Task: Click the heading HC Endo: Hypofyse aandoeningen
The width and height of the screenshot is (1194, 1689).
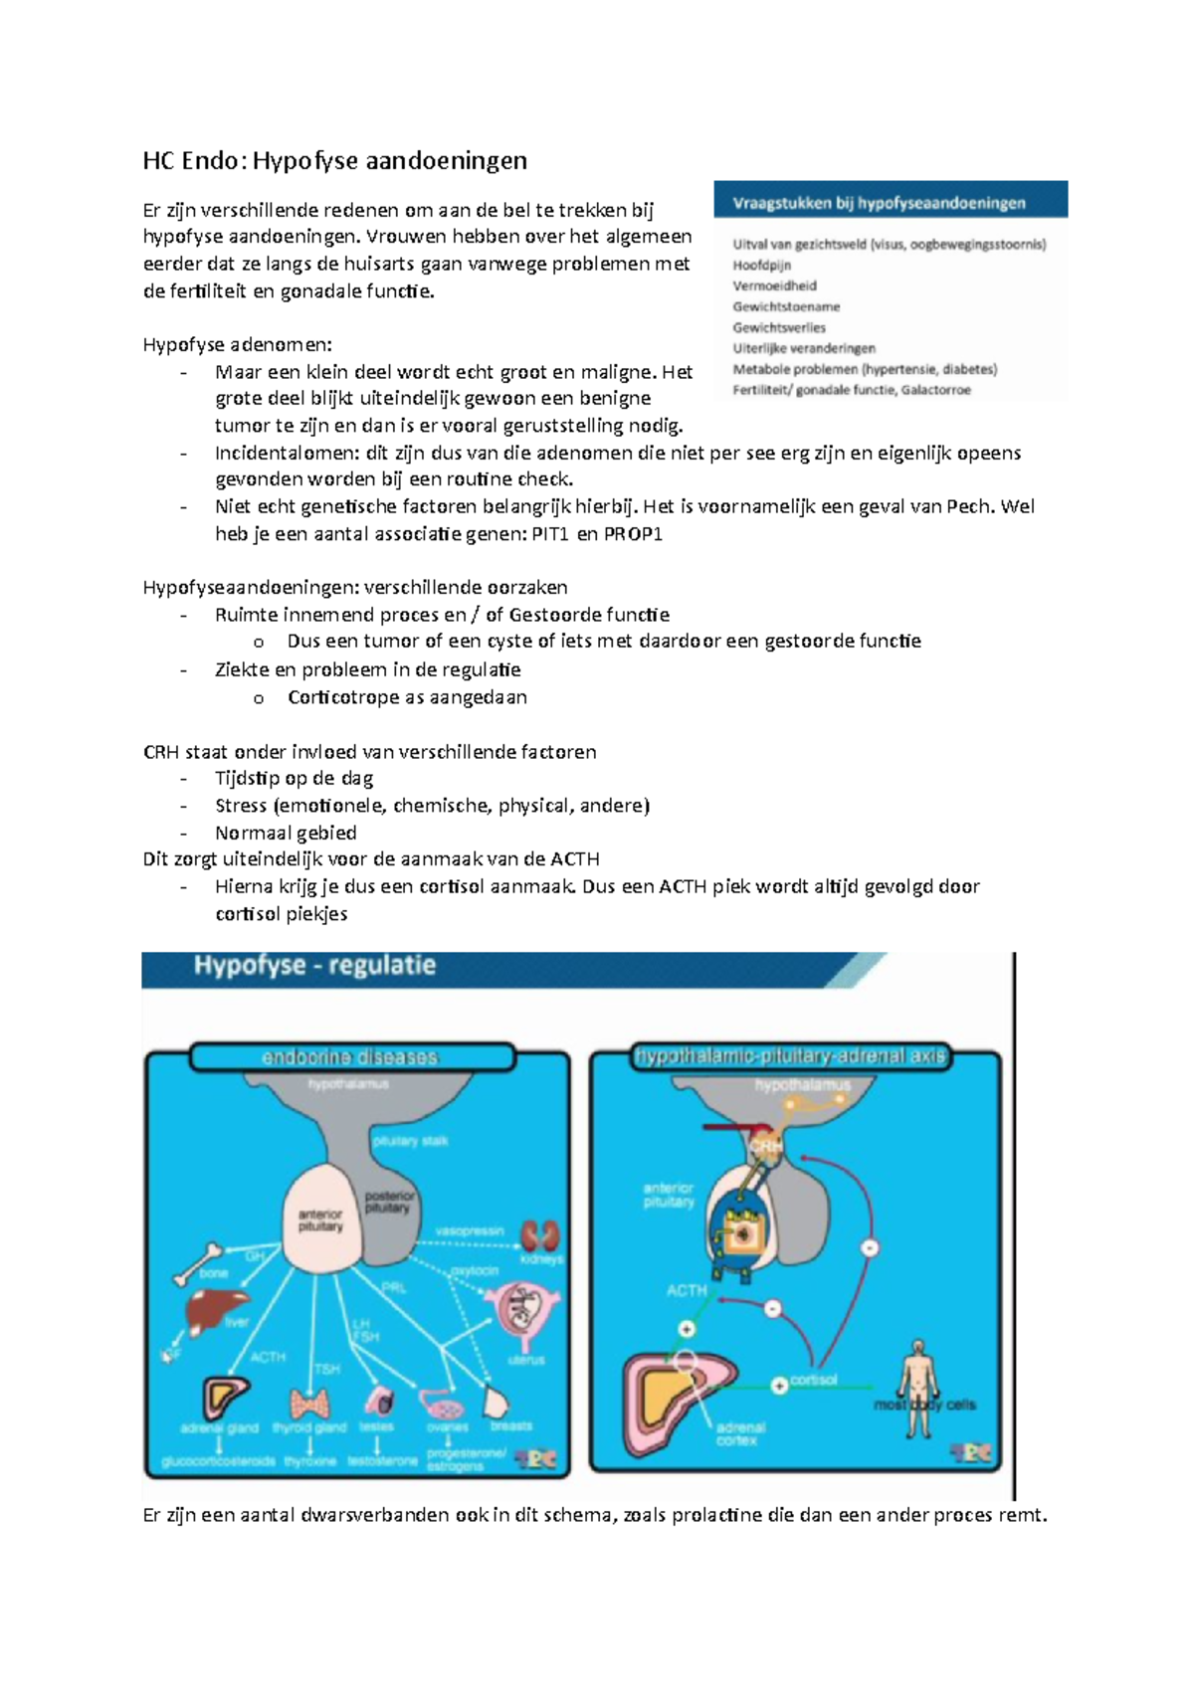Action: tap(334, 160)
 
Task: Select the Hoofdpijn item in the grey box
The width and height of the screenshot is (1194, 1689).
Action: tap(761, 266)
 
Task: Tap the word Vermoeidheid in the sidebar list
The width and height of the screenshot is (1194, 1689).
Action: tap(774, 285)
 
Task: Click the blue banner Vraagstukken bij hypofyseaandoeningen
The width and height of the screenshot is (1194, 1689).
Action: tap(890, 202)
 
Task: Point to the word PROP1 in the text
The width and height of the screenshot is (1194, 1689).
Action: tap(633, 534)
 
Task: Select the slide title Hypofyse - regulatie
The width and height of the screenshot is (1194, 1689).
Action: tap(314, 965)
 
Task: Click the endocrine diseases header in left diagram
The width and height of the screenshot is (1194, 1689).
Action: tap(349, 1056)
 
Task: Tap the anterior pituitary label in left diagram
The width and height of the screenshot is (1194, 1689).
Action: tap(319, 1220)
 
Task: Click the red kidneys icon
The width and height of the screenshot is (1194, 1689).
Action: tap(540, 1234)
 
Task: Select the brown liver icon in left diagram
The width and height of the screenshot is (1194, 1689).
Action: tap(212, 1310)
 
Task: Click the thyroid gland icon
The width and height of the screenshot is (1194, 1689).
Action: tap(309, 1403)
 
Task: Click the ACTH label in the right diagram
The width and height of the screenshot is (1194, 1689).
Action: tap(686, 1290)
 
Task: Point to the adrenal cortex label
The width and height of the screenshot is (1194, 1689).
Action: tap(739, 1434)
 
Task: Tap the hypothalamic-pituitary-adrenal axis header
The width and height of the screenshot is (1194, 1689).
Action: tap(790, 1055)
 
